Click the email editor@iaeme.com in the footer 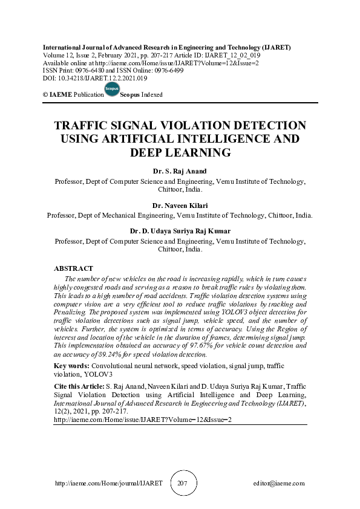point(279,484)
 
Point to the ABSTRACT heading point(73,268)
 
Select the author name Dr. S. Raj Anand point(180,171)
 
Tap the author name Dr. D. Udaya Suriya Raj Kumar point(180,230)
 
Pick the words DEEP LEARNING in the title point(180,152)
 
